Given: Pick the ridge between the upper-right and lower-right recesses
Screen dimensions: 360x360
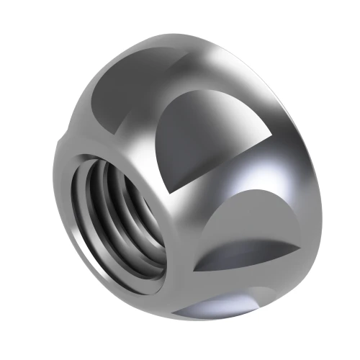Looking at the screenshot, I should click(238, 187).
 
